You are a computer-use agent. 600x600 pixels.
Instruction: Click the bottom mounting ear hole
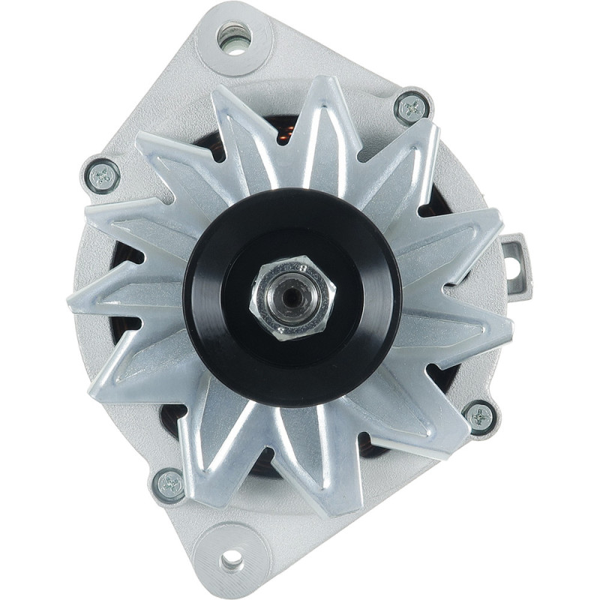(x=232, y=559)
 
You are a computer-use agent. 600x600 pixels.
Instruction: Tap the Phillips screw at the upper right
(x=412, y=109)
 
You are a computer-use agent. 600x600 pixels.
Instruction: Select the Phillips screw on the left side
(x=103, y=177)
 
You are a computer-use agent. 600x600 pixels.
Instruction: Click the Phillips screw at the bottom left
(x=169, y=484)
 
